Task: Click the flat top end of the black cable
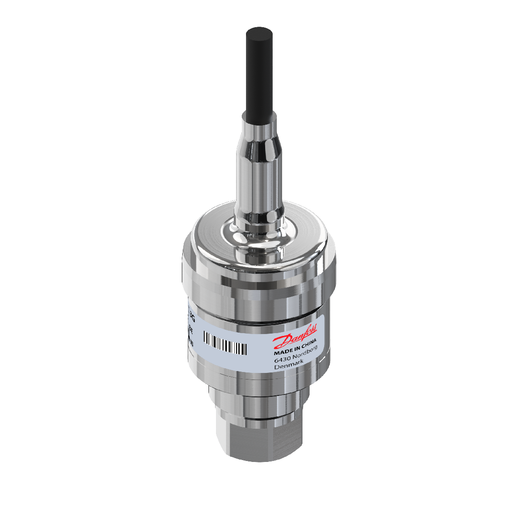[260, 33]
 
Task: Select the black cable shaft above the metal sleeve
[260, 75]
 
